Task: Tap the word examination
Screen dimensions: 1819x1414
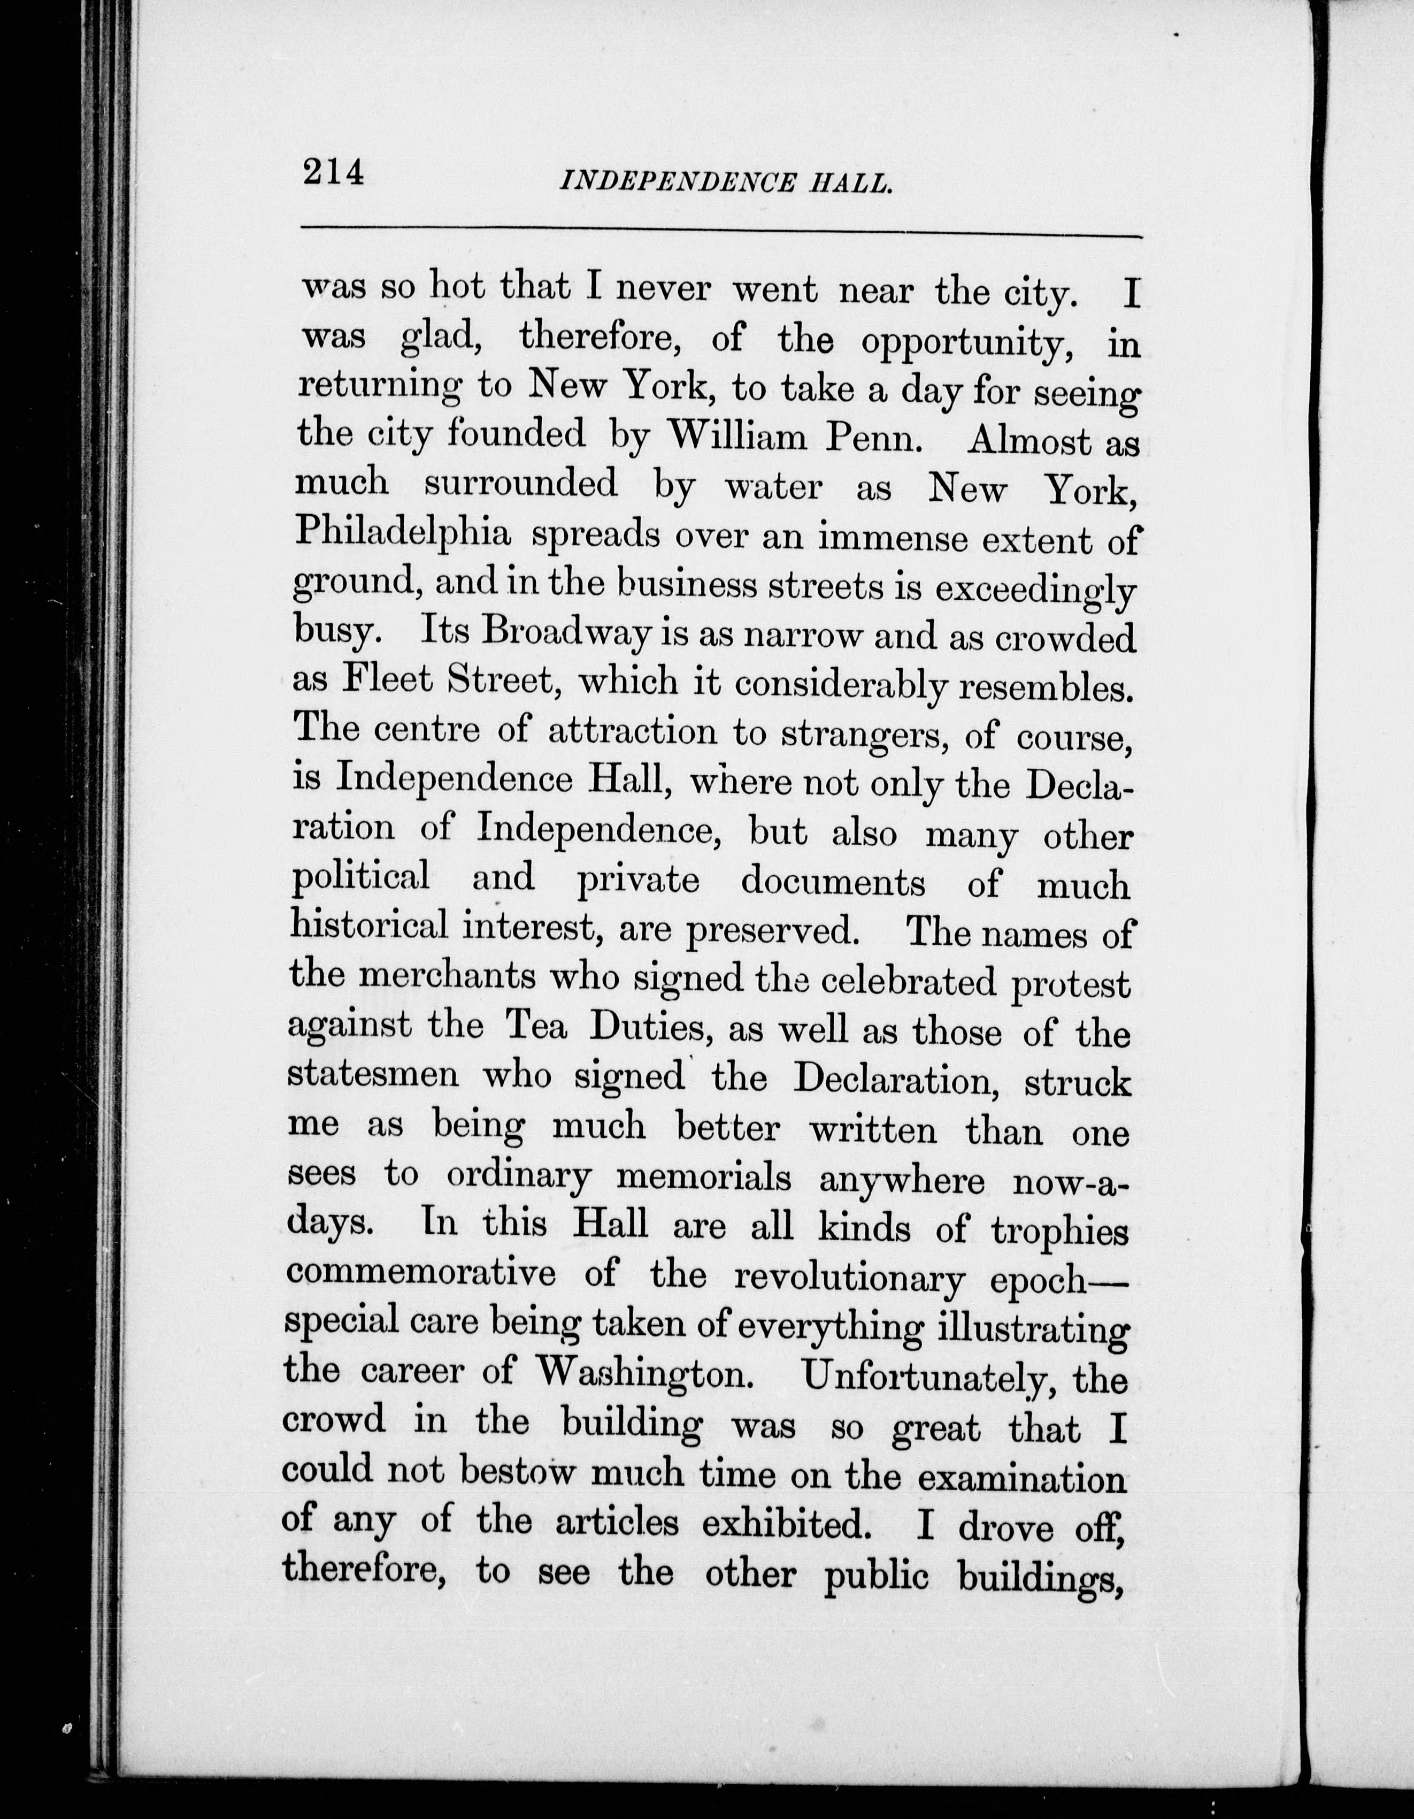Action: coord(1022,1476)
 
